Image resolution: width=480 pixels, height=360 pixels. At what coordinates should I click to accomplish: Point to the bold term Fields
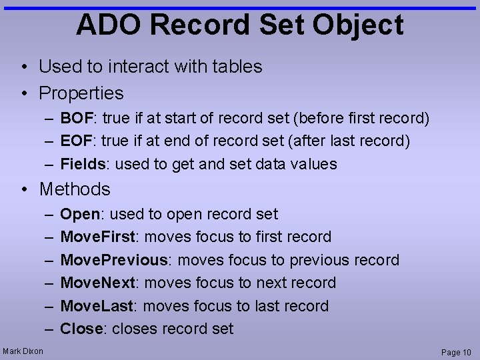[83, 164]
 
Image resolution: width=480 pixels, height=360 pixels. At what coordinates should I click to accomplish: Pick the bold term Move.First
[98, 237]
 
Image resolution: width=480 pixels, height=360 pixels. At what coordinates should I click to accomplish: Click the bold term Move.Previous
[113, 260]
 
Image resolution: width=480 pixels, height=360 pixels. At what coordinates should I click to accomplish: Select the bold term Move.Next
[97, 283]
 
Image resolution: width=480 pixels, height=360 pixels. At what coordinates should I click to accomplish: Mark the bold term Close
[81, 329]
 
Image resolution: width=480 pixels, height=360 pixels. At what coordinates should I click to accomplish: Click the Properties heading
[81, 93]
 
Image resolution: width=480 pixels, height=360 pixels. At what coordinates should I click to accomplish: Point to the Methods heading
[75, 189]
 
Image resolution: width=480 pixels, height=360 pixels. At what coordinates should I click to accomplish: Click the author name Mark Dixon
[23, 351]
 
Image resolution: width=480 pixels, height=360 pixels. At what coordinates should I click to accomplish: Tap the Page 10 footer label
[456, 352]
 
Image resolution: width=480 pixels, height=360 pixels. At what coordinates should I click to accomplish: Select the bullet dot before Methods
[24, 189]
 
